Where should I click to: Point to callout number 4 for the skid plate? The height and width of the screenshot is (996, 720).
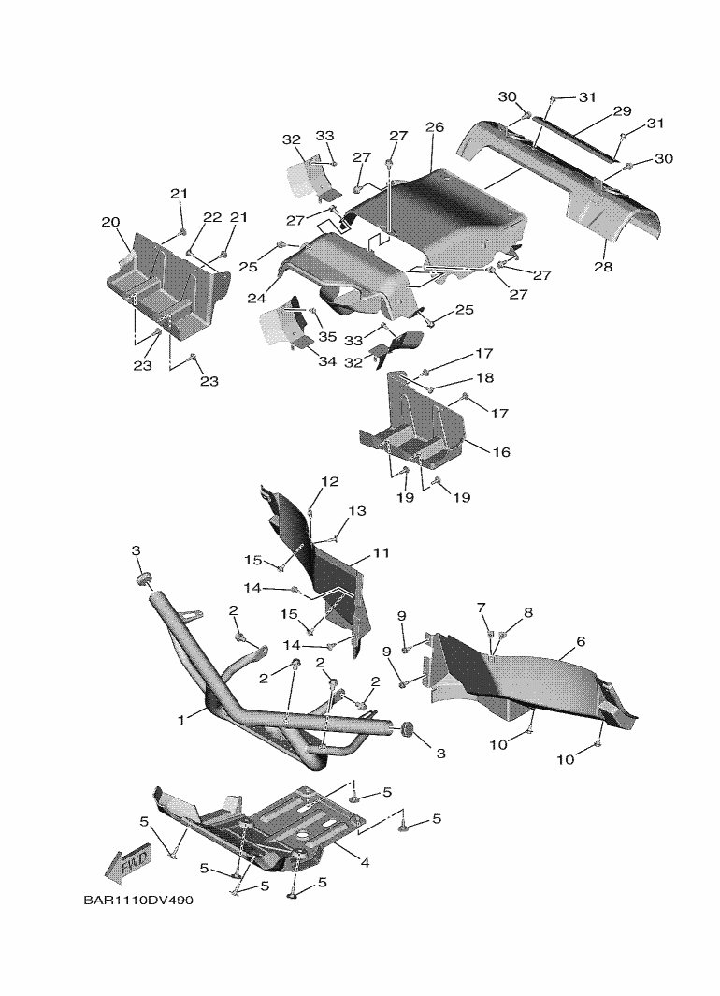[x=365, y=862]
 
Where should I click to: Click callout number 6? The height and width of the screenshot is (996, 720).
[x=581, y=641]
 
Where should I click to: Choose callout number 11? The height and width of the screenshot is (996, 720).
[x=381, y=553]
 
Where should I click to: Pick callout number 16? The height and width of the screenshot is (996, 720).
[x=501, y=452]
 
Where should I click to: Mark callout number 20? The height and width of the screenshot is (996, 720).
[x=110, y=223]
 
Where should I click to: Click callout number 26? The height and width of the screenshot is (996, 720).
[x=434, y=127]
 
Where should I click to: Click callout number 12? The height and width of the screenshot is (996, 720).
[x=330, y=482]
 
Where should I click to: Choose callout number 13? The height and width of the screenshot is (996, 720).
[x=357, y=511]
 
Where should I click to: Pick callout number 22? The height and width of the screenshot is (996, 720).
[x=212, y=217]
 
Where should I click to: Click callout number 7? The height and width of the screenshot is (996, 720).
[x=482, y=609]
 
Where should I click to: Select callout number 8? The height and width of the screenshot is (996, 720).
[x=528, y=613]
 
